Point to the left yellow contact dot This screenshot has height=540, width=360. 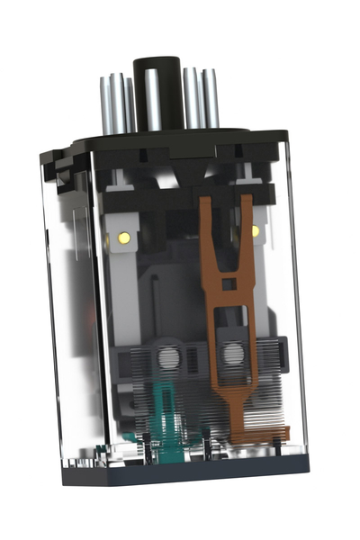(x=123, y=238)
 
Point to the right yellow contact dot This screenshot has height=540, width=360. (x=255, y=231)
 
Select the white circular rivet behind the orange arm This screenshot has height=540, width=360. (x=230, y=354)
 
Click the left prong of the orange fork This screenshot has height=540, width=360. (x=208, y=234)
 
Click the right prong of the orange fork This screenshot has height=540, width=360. (x=246, y=229)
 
